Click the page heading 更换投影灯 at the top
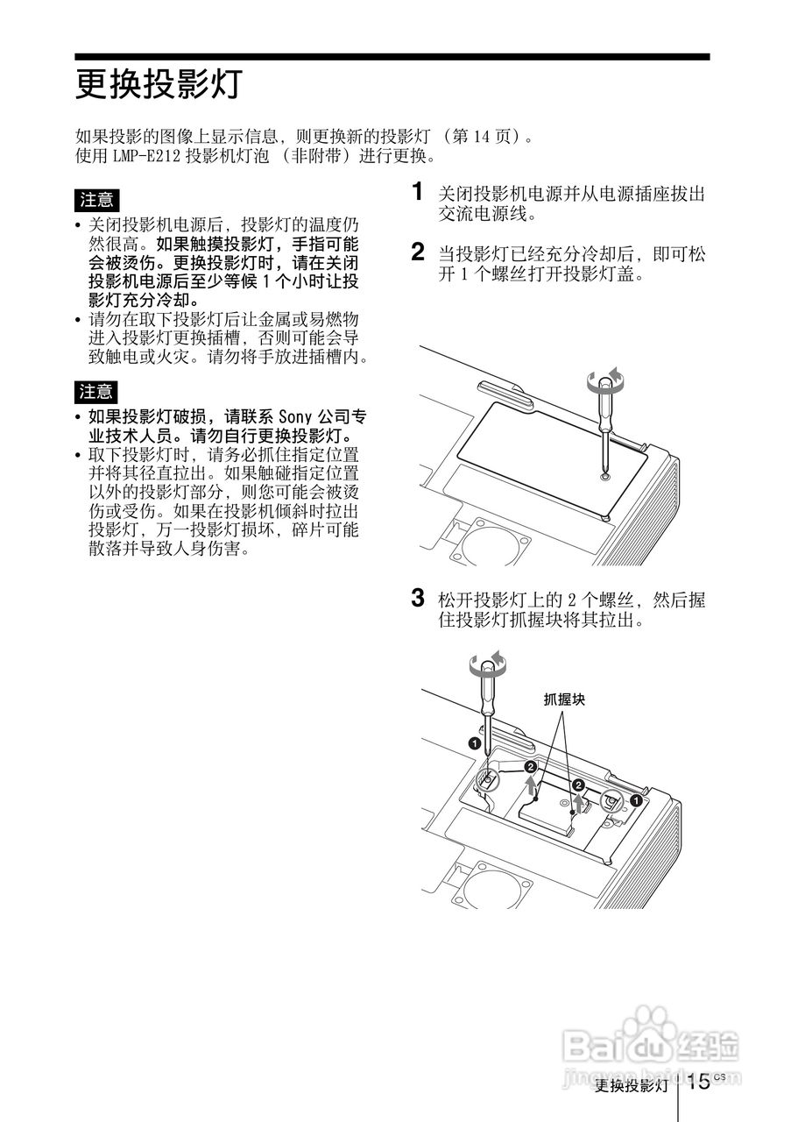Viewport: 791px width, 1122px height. tap(157, 86)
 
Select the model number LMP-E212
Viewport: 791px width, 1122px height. tap(146, 156)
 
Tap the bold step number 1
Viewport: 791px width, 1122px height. tap(419, 191)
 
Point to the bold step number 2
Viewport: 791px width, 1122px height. tap(419, 252)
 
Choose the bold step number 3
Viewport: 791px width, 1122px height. tap(419, 599)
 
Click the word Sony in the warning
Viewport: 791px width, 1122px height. tap(293, 416)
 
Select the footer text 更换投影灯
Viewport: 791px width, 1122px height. tap(631, 1086)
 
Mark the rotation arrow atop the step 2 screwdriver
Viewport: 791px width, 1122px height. tap(606, 379)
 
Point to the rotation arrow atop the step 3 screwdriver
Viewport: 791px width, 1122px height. tap(487, 664)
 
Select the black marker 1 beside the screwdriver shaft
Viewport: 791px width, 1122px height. tap(474, 742)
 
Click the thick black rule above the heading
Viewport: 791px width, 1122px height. tap(392, 57)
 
